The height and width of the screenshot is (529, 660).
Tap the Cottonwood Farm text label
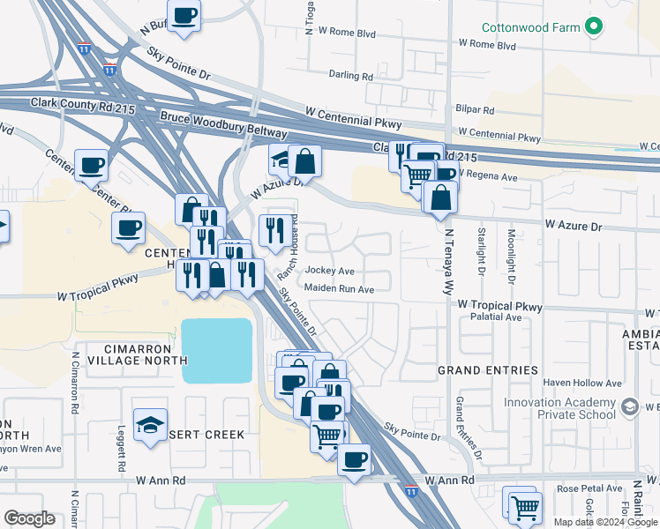click(531, 28)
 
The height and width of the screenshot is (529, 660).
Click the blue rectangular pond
click(217, 350)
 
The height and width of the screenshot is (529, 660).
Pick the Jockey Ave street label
click(330, 271)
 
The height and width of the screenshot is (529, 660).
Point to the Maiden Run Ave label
click(340, 288)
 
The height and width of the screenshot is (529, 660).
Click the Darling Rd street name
click(350, 76)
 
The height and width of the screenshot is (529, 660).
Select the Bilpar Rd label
click(476, 110)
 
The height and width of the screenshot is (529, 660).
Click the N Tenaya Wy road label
click(449, 262)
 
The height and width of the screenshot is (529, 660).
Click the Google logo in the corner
click(30, 518)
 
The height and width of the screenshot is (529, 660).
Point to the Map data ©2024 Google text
click(605, 522)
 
